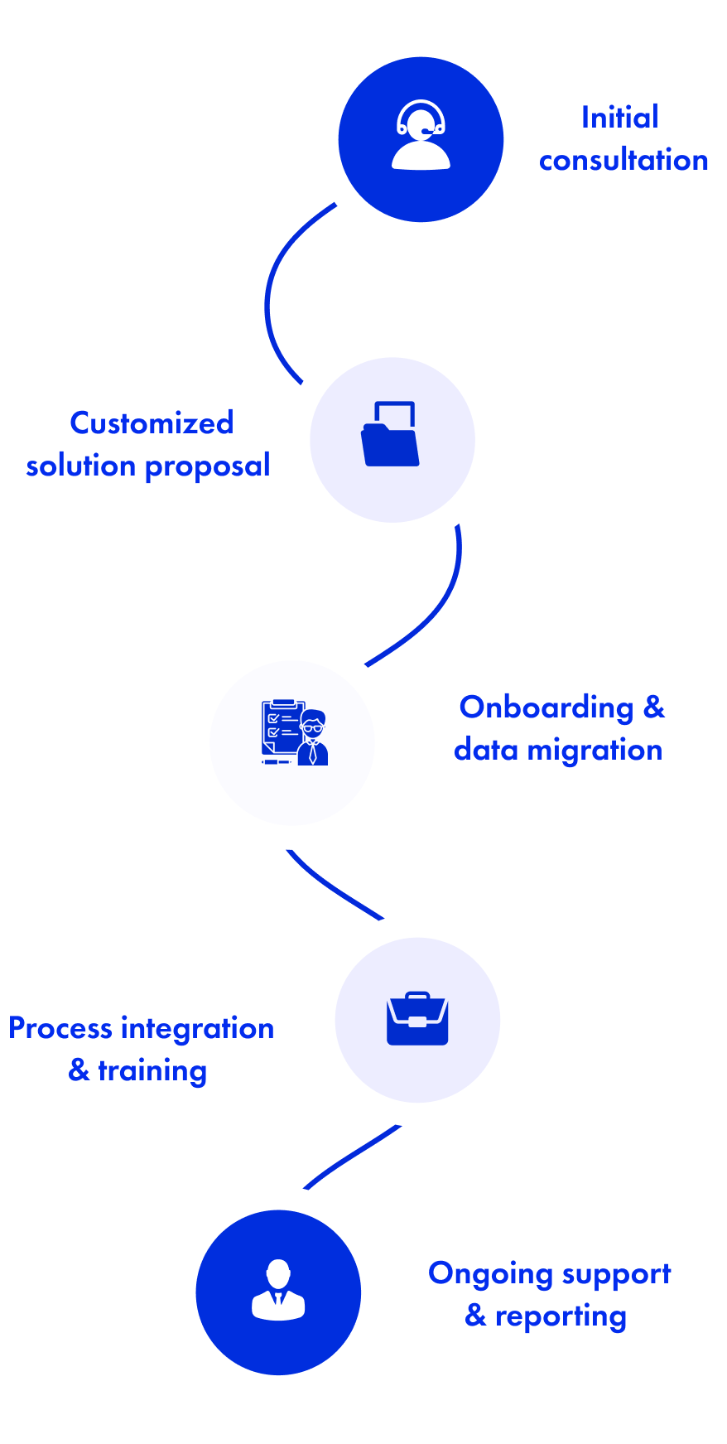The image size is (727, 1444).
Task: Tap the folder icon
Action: click(x=391, y=436)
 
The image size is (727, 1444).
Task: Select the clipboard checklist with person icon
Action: click(x=294, y=732)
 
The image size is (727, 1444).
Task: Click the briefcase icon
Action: click(x=417, y=1018)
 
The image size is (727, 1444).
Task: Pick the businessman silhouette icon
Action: click(x=278, y=1291)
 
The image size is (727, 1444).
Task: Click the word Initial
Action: click(x=619, y=118)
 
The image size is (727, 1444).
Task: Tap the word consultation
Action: click(x=623, y=160)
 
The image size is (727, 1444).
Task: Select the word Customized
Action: click(x=152, y=423)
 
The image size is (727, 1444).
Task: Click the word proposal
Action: click(x=207, y=467)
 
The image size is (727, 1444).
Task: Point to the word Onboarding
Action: click(x=546, y=708)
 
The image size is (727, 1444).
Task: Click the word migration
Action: click(x=595, y=751)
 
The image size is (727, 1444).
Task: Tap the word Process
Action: click(x=60, y=1028)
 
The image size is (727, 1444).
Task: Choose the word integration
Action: click(x=197, y=1028)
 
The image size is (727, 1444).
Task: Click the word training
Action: click(x=152, y=1071)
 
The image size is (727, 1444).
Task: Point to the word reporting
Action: click(x=561, y=1316)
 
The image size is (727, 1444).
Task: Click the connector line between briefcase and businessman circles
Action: click(x=351, y=1156)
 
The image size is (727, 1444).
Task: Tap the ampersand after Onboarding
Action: click(x=653, y=708)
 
